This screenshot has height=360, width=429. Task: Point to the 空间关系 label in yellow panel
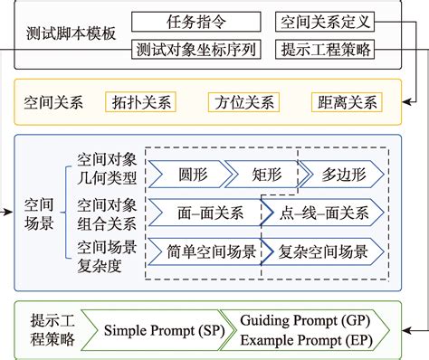point(53,100)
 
